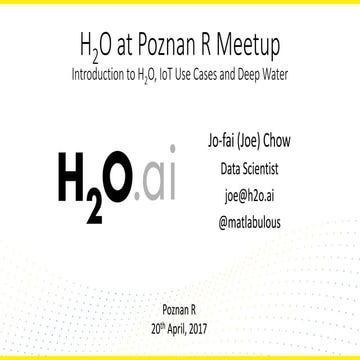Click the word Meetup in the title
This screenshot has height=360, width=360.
[x=247, y=47]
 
